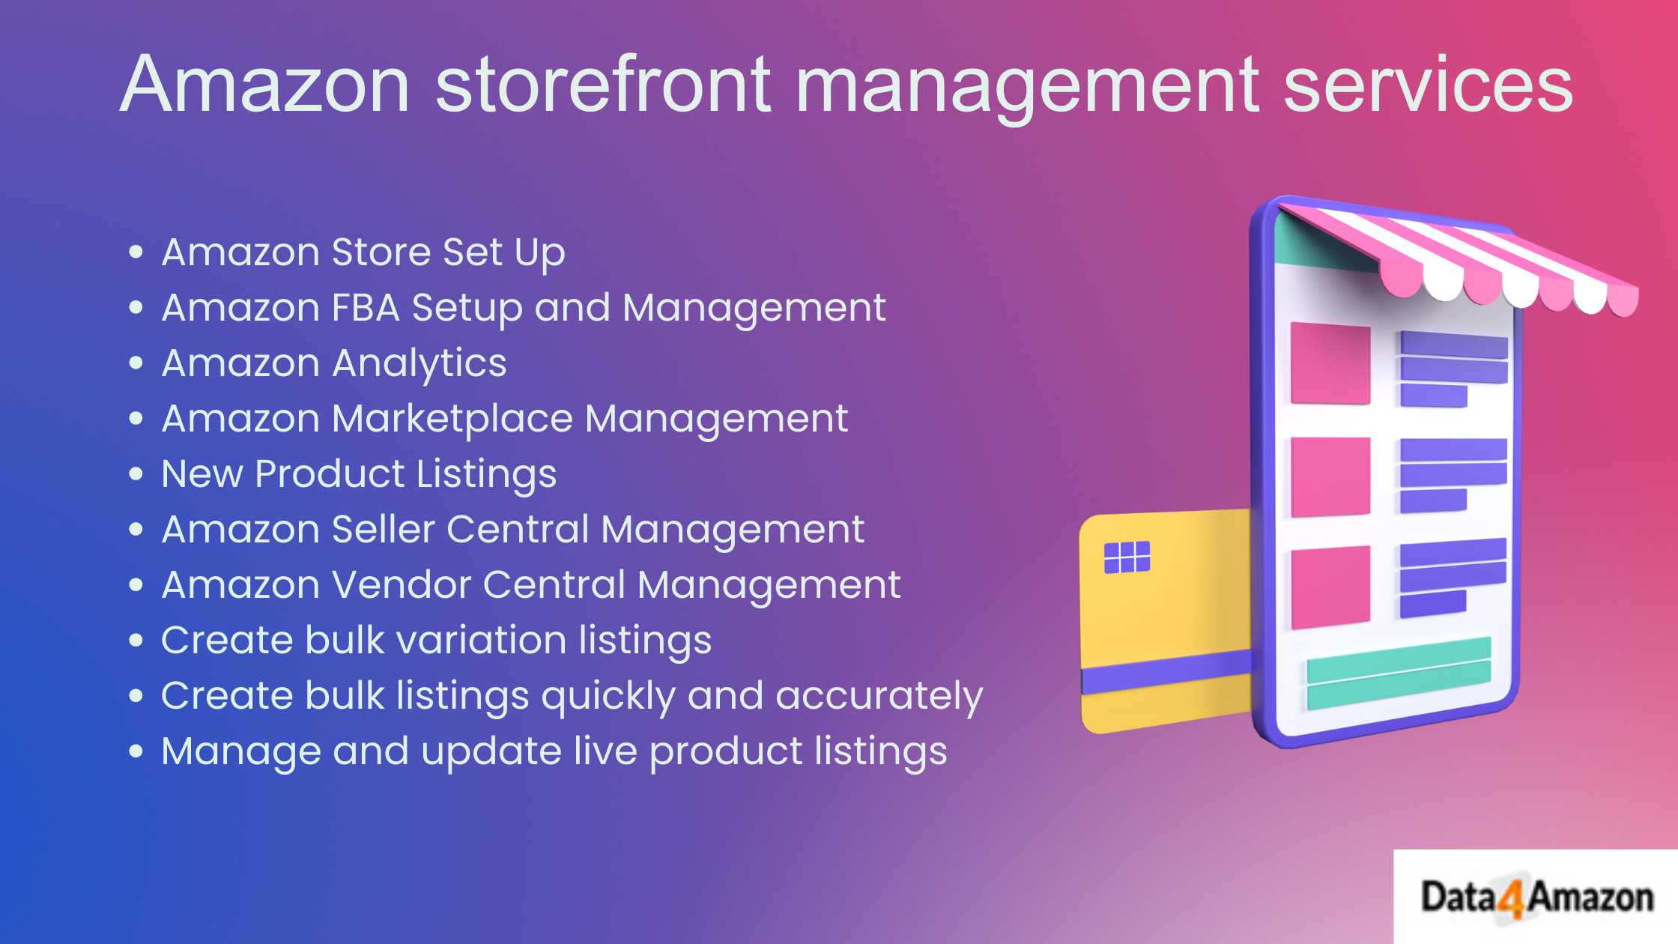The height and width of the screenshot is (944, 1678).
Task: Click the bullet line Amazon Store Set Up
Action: click(x=363, y=252)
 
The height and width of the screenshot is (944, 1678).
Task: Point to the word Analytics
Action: click(x=419, y=364)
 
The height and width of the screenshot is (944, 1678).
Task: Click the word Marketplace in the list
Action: click(x=452, y=419)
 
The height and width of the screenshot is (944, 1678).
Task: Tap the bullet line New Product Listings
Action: click(x=359, y=474)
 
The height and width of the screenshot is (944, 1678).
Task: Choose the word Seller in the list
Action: click(x=383, y=529)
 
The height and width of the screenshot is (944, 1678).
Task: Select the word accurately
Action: click(x=879, y=696)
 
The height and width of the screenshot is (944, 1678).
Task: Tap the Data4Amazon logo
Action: click(x=1536, y=897)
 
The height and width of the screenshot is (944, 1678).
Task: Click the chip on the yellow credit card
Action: click(x=1127, y=557)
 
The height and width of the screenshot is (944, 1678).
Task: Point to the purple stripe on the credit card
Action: click(x=1166, y=671)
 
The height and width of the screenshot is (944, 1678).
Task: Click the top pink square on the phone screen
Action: click(x=1330, y=363)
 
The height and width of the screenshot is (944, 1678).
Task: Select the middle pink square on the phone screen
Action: click(x=1330, y=476)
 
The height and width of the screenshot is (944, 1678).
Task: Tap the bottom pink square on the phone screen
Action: click(x=1330, y=587)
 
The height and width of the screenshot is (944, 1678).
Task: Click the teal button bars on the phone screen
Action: click(x=1399, y=674)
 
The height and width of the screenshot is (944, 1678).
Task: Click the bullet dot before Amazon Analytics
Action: click(x=136, y=363)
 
